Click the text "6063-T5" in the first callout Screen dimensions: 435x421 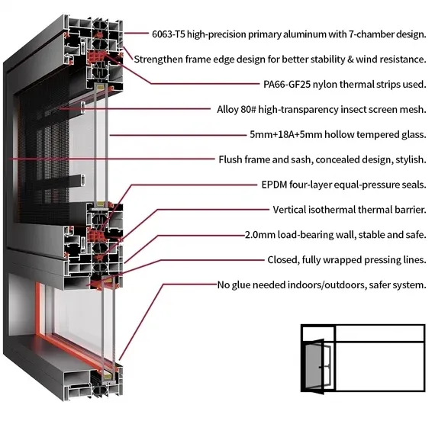(169, 34)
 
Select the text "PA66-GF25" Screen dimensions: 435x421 (287, 84)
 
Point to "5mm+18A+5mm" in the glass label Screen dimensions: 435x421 (285, 134)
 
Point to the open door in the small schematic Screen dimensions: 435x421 (314, 366)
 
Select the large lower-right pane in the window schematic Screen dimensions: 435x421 (380, 366)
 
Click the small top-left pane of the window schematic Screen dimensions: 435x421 (318, 334)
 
